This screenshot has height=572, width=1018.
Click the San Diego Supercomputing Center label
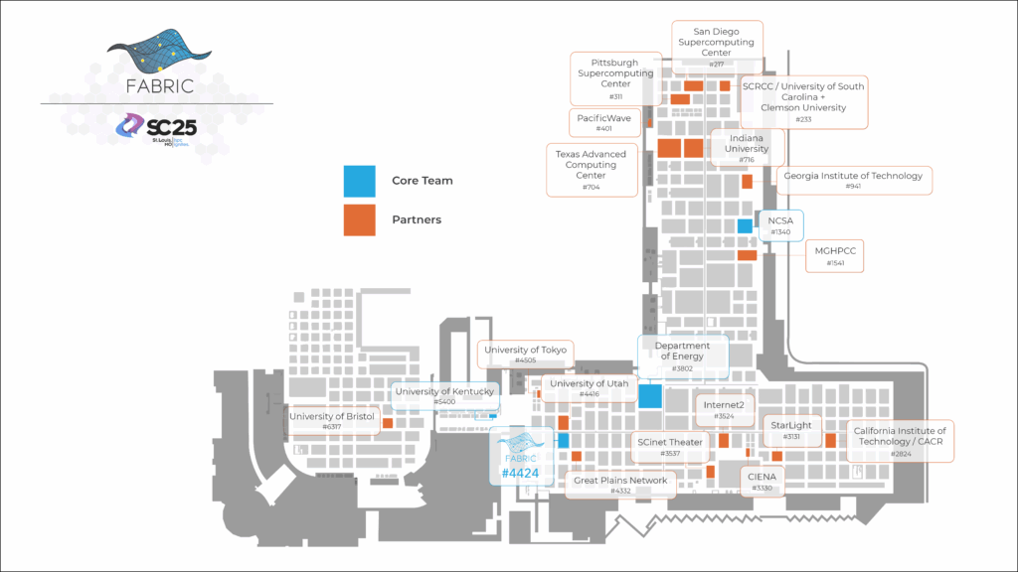[x=716, y=46]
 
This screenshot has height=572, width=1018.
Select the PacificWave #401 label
[x=604, y=122]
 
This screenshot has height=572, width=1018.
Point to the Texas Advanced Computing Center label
[x=591, y=170]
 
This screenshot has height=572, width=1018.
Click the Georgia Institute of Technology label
[x=853, y=180]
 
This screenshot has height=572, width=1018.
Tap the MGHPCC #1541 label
[x=834, y=257]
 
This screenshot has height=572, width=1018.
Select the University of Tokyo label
[x=526, y=355]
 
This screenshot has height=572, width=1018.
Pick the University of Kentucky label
[x=444, y=396]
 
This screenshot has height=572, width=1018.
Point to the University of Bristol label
[x=332, y=421]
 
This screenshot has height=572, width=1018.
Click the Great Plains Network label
[x=621, y=485]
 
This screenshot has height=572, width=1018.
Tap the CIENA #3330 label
[x=763, y=482]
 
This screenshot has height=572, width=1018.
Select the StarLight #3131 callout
[x=791, y=430]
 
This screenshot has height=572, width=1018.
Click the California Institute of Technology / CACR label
[x=900, y=441]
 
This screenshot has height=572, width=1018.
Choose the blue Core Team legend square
[x=359, y=181]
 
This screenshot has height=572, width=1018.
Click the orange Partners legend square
[x=359, y=219]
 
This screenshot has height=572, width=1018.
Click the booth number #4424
[x=520, y=473]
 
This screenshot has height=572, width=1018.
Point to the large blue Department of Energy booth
[x=650, y=395]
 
